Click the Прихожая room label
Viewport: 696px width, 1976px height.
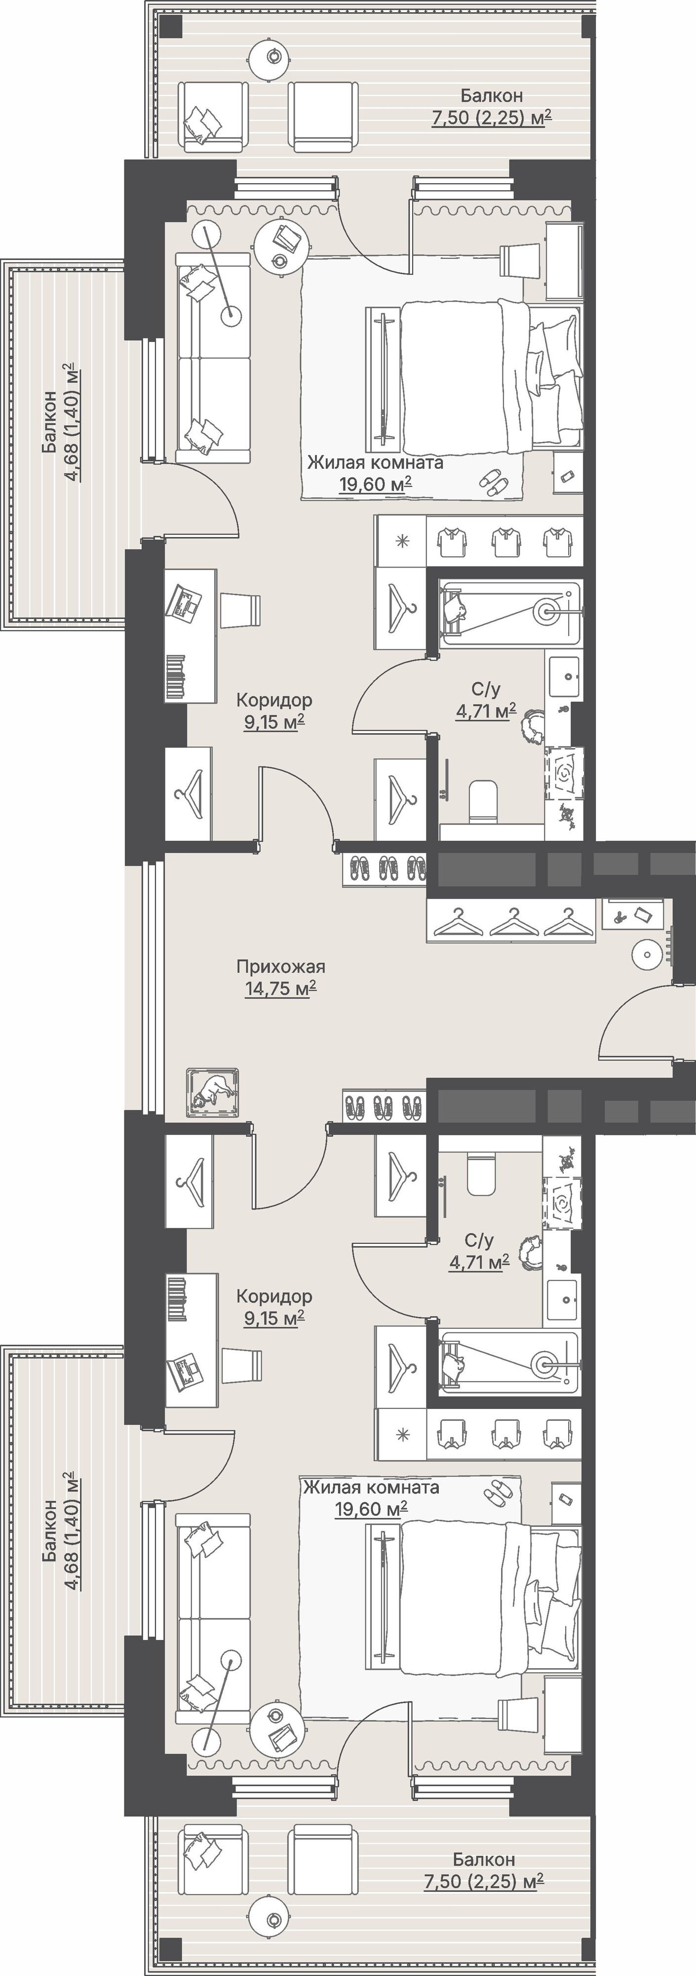point(280,967)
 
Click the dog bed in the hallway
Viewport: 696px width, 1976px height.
point(212,1092)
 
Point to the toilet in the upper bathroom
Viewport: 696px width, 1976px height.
point(482,802)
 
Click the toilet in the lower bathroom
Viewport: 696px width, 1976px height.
point(482,1174)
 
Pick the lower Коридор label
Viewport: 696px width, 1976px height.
point(273,1296)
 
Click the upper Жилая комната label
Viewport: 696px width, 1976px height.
point(375,463)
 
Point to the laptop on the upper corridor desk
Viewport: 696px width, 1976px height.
point(183,601)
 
